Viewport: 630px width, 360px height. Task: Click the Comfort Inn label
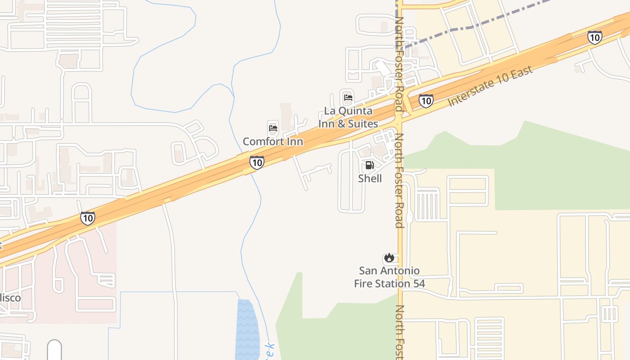tap(273, 141)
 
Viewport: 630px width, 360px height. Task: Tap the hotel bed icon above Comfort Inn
tap(273, 128)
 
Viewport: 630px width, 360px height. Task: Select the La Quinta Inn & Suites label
tap(348, 117)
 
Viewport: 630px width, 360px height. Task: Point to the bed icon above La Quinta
tap(348, 97)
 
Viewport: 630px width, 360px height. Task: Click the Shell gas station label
tap(370, 178)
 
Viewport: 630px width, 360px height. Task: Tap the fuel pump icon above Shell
tap(369, 165)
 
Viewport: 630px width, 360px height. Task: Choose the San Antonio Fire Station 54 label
tap(389, 277)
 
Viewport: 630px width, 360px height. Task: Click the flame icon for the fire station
tap(389, 258)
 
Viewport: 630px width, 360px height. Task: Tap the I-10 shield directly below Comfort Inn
tap(256, 162)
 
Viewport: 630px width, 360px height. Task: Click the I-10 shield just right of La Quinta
tap(426, 100)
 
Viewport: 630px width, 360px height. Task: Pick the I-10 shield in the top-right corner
tap(595, 37)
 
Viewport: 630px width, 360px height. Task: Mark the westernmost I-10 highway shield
tap(88, 218)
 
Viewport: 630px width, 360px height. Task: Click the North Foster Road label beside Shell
tap(399, 180)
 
